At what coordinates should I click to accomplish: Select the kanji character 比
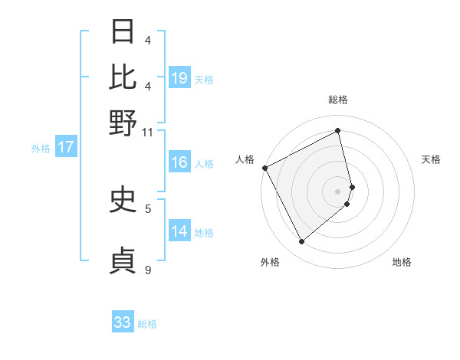coord(123,77)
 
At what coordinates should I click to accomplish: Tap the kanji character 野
coord(123,122)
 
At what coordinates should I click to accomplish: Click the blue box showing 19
coord(179,77)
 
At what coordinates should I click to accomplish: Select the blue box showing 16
coord(179,162)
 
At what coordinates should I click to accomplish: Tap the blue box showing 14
coord(179,231)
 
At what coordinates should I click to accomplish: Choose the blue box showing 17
coord(65,147)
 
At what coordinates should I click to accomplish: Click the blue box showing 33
coord(123,322)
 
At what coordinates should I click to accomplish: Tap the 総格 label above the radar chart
coord(338,100)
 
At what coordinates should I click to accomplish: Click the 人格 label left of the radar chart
coord(245,159)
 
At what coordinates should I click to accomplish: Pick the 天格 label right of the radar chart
coord(431,159)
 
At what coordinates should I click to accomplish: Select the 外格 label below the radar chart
coord(270,262)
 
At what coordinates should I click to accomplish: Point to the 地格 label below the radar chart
coord(402,262)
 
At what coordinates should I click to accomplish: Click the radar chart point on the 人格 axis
coord(264,167)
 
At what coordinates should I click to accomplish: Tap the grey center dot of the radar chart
coord(338,191)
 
